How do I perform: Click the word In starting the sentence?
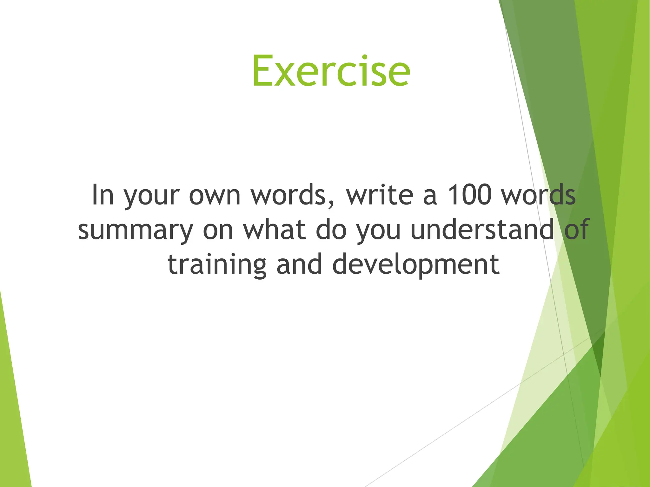click(x=103, y=195)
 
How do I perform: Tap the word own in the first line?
click(x=215, y=195)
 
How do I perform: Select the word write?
click(x=380, y=195)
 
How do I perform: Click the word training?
click(x=217, y=265)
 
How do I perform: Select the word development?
click(x=416, y=265)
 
